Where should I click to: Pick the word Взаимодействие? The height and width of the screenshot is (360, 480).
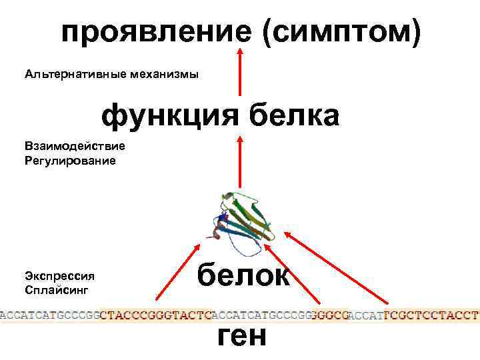[75, 146]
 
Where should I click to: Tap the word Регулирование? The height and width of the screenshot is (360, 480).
[70, 161]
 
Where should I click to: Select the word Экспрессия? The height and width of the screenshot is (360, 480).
[59, 276]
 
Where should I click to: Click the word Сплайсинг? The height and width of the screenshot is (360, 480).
[57, 291]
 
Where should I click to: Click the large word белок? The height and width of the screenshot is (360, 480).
[243, 274]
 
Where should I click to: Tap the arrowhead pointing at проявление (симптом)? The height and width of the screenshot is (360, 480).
[240, 53]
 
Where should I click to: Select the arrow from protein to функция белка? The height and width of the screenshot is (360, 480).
[240, 163]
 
